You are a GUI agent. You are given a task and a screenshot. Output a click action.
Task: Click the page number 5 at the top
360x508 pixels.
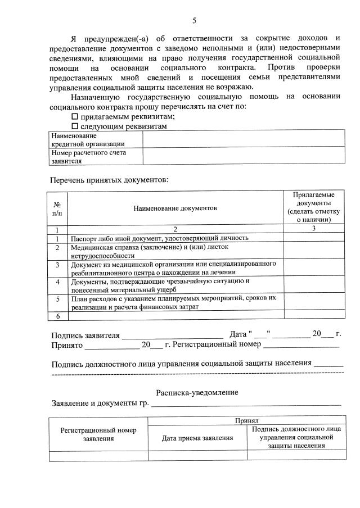(x=194, y=21)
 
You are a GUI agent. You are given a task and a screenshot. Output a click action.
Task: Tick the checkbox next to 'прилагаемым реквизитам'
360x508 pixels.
(x=75, y=116)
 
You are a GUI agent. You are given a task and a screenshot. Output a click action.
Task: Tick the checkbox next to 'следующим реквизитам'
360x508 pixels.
(x=75, y=126)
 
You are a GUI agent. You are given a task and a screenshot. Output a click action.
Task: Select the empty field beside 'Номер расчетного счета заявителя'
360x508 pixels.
(x=244, y=156)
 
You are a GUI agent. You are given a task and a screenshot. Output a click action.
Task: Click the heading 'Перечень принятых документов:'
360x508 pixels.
(x=109, y=180)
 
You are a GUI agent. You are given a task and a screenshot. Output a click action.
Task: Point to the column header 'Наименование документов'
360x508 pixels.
(x=175, y=208)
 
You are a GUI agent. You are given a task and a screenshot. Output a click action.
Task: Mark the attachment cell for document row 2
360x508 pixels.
(x=313, y=251)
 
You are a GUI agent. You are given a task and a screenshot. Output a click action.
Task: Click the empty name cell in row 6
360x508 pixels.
(x=175, y=315)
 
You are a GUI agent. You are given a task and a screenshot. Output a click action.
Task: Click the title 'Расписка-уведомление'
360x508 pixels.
(x=197, y=392)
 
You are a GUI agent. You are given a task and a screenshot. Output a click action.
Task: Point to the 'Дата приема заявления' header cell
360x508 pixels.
(x=197, y=438)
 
